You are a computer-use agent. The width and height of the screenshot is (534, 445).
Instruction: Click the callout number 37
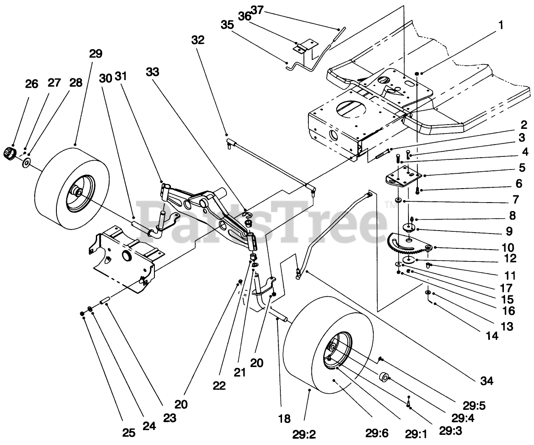tap(257, 11)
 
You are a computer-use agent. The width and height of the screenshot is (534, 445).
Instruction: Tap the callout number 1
tap(501, 25)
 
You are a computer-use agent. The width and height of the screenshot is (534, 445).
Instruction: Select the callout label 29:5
tap(474, 406)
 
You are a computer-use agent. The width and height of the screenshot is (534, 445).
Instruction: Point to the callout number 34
tap(486, 381)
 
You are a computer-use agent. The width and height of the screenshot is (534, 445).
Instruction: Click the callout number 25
tap(129, 433)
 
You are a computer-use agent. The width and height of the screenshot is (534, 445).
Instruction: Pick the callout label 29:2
tap(304, 435)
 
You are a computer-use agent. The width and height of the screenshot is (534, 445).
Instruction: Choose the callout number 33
tap(152, 72)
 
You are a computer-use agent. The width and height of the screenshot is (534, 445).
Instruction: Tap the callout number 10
tap(508, 248)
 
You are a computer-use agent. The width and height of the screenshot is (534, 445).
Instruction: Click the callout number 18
tap(284, 419)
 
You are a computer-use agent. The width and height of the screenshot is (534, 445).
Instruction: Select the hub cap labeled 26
tap(10, 154)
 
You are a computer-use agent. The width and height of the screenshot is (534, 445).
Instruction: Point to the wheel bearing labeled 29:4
tap(383, 377)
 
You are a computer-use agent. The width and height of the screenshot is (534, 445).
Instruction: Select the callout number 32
tap(198, 40)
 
